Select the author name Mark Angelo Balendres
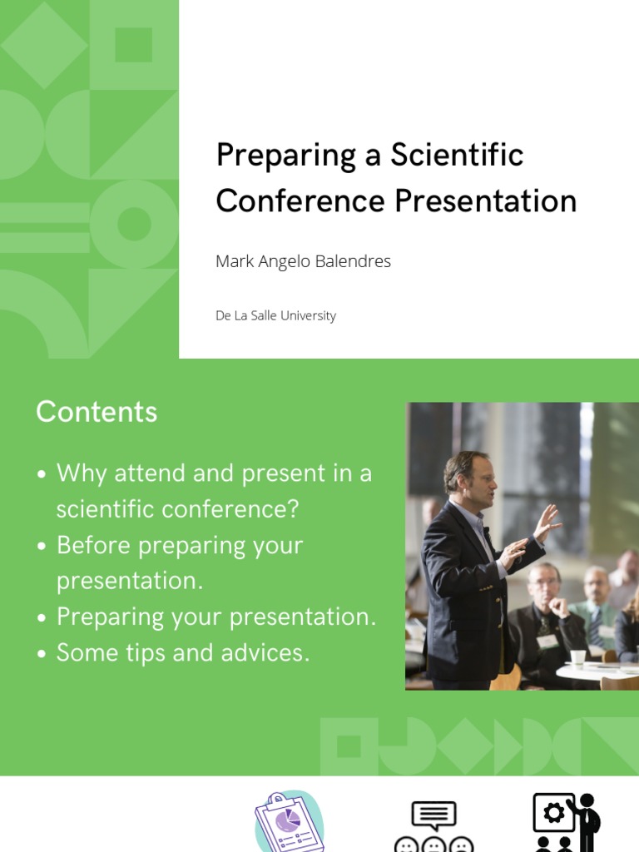pos(303,261)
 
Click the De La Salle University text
pos(275,316)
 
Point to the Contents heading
pos(97,412)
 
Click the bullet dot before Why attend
pos(42,475)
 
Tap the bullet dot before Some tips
pos(42,655)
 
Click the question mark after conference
pos(292,509)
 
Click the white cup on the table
pos(577,657)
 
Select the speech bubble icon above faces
pos(433,815)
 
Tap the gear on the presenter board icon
pos(553,813)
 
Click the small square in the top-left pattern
pos(133,44)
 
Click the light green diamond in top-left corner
pos(44,44)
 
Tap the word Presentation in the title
pos(485,201)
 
